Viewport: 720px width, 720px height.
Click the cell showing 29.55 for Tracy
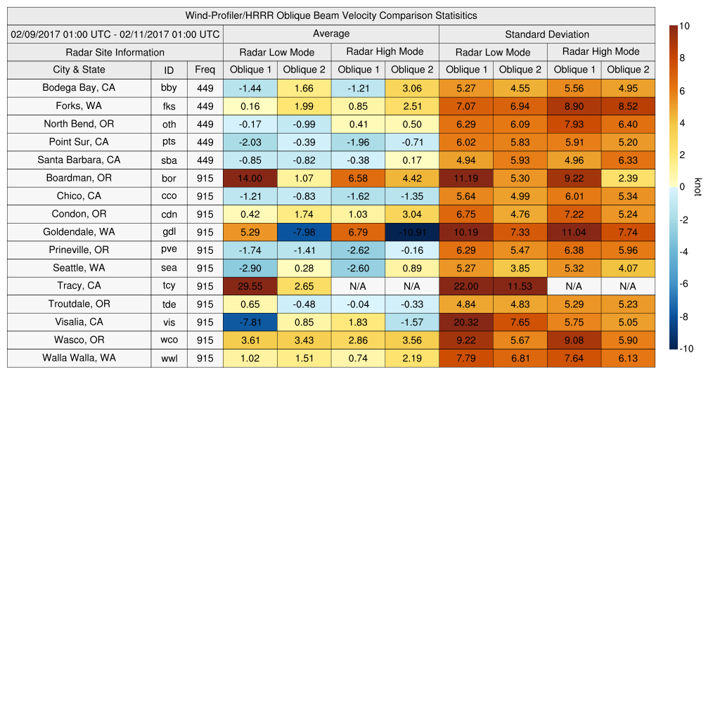250,286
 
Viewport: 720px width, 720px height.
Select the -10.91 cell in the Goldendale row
412,232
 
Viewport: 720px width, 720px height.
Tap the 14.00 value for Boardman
250,179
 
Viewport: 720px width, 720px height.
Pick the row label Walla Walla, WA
79,358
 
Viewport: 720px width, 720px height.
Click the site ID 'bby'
169,89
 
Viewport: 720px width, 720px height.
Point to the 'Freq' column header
205,70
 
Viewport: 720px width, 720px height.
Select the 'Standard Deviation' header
547,34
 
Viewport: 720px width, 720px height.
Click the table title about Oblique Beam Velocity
331,15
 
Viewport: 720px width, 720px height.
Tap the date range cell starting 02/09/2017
115,34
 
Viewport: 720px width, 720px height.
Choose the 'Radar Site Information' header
115,52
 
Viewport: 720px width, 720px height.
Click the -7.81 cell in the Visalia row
250,322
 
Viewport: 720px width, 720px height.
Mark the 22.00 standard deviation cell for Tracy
466,286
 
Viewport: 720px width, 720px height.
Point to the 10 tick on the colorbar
683,26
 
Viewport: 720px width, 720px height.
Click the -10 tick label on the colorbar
686,349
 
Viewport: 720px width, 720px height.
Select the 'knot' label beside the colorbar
697,187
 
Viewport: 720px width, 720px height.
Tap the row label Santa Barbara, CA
79,160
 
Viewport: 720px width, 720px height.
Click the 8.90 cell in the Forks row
574,107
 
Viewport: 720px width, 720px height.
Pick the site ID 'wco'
169,340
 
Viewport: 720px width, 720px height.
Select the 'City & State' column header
79,70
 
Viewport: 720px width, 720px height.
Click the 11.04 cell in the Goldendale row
574,232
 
